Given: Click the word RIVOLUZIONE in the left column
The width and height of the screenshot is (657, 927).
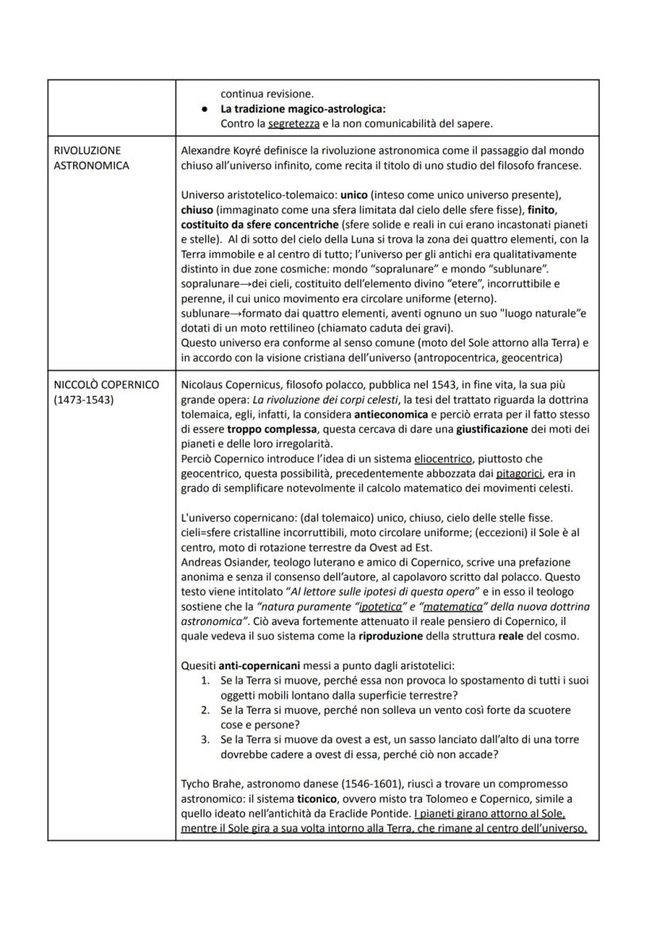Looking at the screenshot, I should point(87,150).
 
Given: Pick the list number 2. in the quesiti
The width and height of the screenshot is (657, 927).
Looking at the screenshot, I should point(205,710).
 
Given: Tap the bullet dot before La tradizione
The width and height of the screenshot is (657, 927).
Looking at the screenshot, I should point(205,109).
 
